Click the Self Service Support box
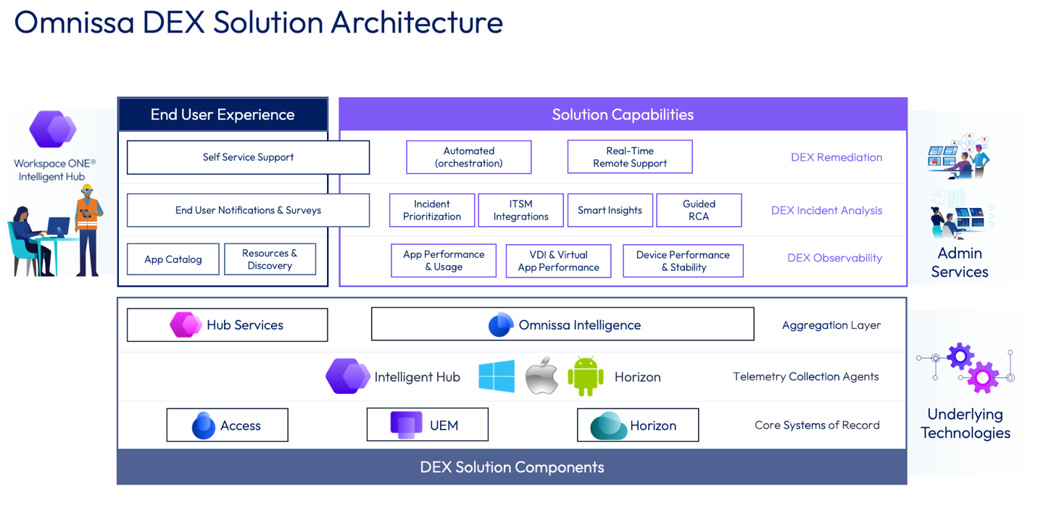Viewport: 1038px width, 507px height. coord(248,157)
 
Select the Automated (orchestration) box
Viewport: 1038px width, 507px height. coord(468,157)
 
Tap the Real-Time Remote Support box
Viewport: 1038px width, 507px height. coord(629,157)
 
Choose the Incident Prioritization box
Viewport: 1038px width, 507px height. coord(432,210)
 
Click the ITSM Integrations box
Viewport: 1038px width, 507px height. coord(520,210)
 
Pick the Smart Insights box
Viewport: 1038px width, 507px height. coord(610,210)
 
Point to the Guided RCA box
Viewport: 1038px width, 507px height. coord(699,210)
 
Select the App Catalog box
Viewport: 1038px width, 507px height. coord(173,259)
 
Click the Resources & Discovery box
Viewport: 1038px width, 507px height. coord(270,259)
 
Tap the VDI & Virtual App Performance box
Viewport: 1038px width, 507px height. coord(558,261)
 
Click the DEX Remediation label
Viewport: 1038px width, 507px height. coord(836,157)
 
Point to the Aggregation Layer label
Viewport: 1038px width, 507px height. coord(831,325)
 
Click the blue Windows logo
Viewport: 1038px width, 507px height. coord(497,377)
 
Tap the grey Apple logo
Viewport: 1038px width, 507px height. coord(542,376)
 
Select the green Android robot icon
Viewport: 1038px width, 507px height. coord(586,377)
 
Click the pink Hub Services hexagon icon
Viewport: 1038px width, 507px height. coord(185,324)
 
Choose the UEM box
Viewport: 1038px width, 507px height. coord(427,425)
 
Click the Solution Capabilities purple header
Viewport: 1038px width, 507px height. coord(623,114)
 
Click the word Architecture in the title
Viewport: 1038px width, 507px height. coord(417,22)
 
